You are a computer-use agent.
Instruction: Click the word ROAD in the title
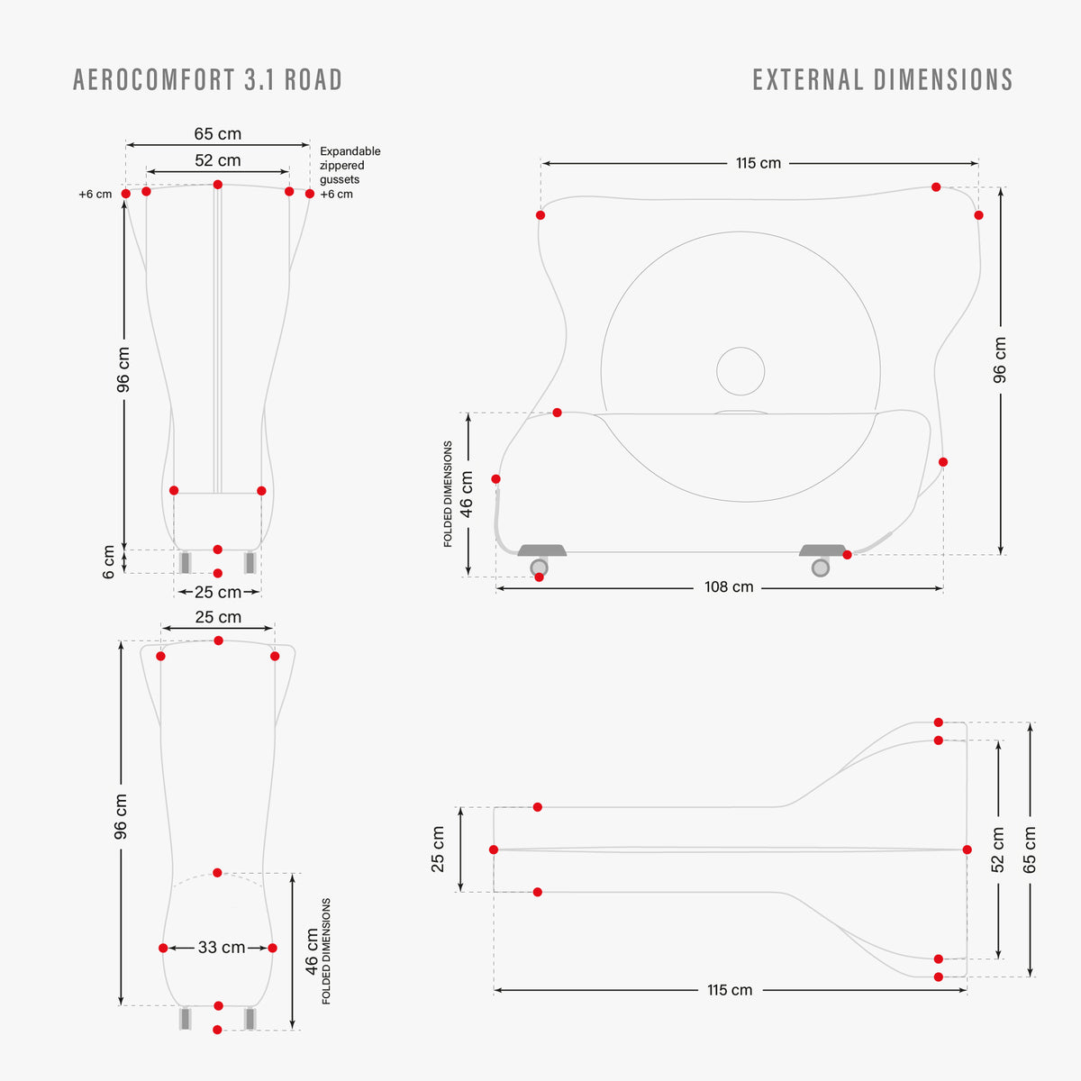pyautogui.click(x=313, y=79)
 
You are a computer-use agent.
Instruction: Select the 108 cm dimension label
pyautogui.click(x=729, y=586)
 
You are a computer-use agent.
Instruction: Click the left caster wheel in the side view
pyautogui.click(x=539, y=568)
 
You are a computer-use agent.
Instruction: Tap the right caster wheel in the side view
pyautogui.click(x=820, y=568)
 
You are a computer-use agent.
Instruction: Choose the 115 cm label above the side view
pyautogui.click(x=759, y=163)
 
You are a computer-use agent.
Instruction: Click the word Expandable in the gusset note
pyautogui.click(x=350, y=151)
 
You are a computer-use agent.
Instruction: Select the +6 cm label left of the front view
pyautogui.click(x=95, y=194)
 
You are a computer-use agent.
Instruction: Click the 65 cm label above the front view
pyautogui.click(x=218, y=134)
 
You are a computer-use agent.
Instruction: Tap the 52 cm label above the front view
pyautogui.click(x=218, y=160)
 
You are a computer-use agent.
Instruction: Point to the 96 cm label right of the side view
pyautogui.click(x=1000, y=359)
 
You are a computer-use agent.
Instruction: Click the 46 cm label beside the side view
pyautogui.click(x=466, y=494)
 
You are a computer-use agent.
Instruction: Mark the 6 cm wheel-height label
pyautogui.click(x=108, y=561)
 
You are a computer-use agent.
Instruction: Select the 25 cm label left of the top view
pyautogui.click(x=438, y=849)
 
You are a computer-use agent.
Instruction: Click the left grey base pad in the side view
pyautogui.click(x=542, y=550)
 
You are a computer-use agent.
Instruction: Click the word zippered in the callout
pyautogui.click(x=341, y=166)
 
